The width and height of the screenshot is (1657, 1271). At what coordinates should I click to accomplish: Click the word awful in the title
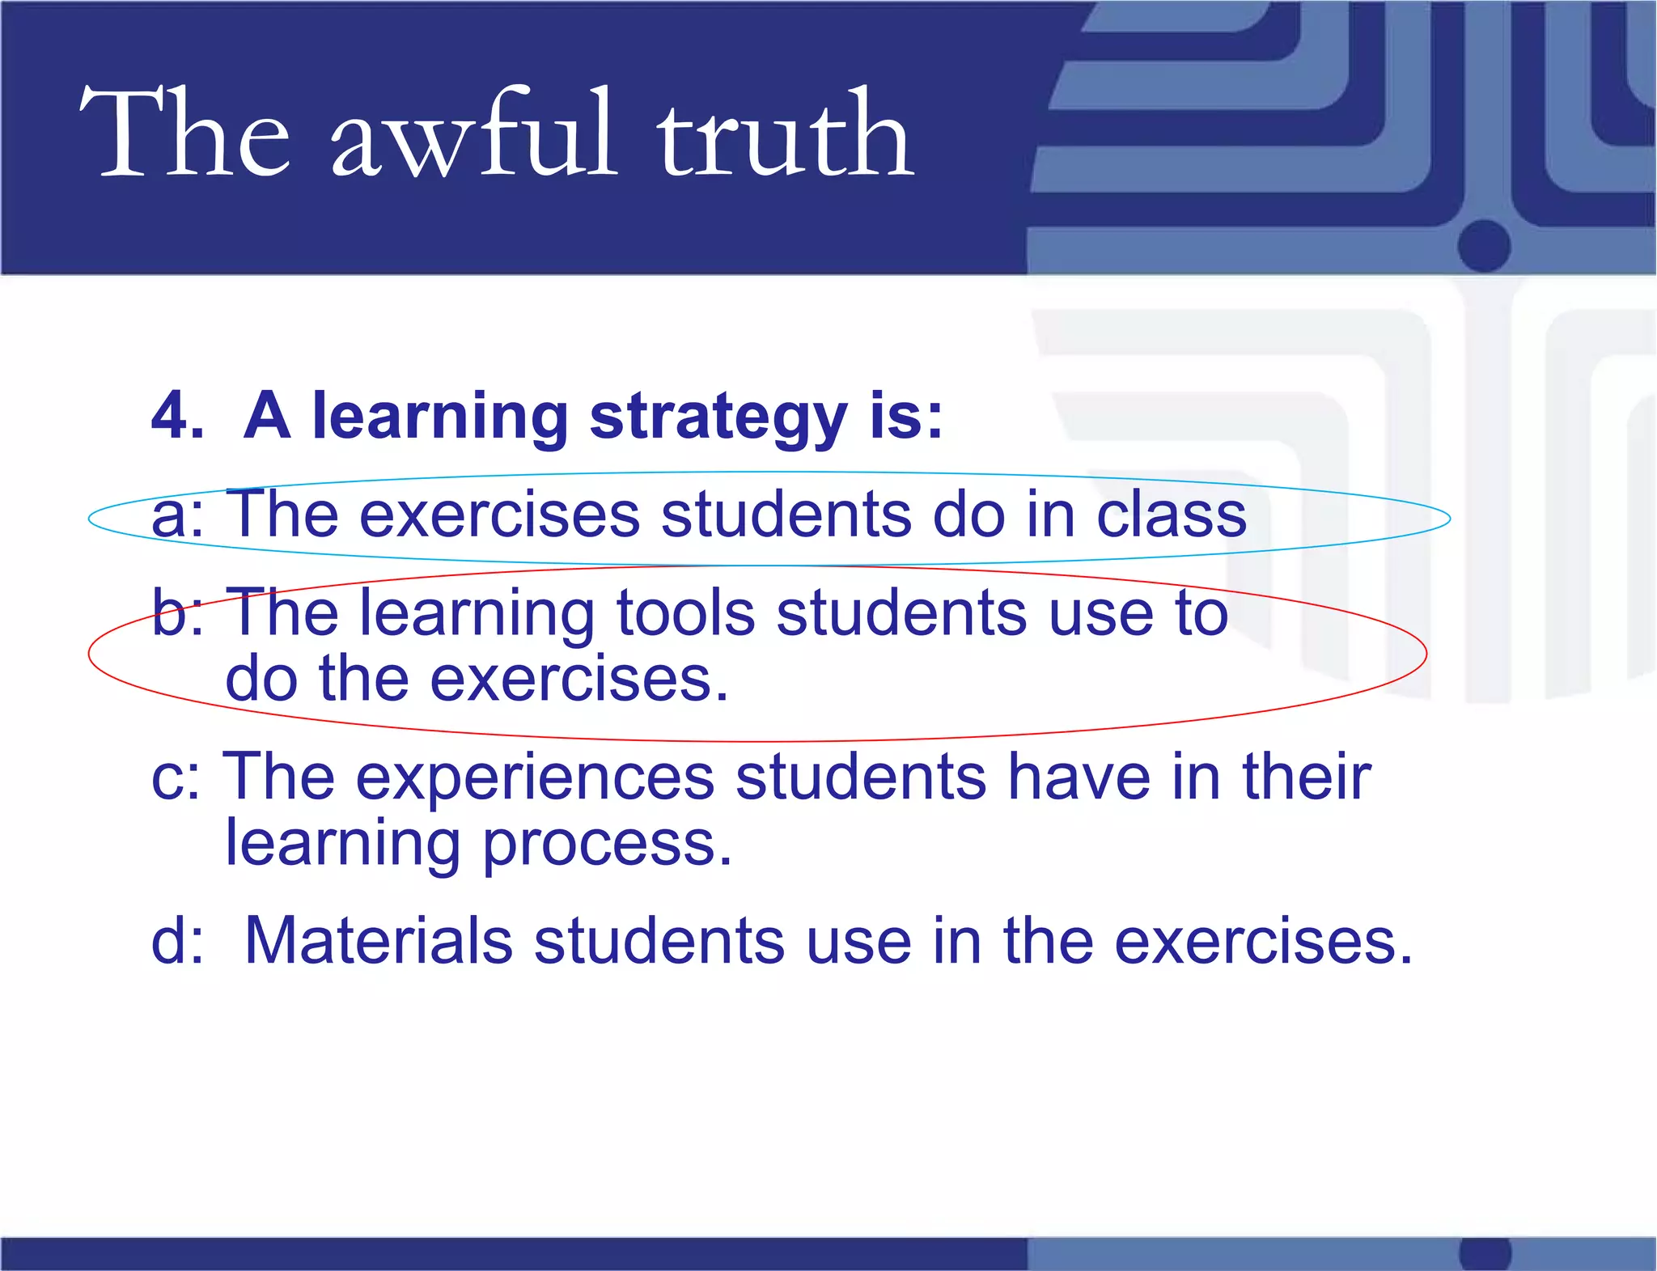point(473,133)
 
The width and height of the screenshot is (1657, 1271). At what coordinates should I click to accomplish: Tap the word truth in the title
point(785,133)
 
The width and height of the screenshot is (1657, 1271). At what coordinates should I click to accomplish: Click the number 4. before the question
point(177,416)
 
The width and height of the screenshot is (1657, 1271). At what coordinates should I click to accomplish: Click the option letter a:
point(177,516)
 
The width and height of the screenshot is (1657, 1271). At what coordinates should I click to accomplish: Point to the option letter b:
point(177,612)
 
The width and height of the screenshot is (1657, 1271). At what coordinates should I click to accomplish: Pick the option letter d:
point(177,941)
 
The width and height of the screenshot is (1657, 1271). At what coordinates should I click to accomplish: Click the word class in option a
point(1172,515)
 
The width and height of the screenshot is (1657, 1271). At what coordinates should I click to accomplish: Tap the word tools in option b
point(685,612)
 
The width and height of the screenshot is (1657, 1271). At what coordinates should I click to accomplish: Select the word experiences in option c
point(535,777)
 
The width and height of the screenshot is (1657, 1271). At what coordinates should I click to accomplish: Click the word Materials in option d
point(379,941)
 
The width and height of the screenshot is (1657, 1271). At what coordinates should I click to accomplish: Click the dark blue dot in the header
point(1484,245)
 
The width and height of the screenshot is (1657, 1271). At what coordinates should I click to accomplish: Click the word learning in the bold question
point(440,417)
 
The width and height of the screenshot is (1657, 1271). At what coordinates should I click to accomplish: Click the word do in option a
point(969,515)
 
